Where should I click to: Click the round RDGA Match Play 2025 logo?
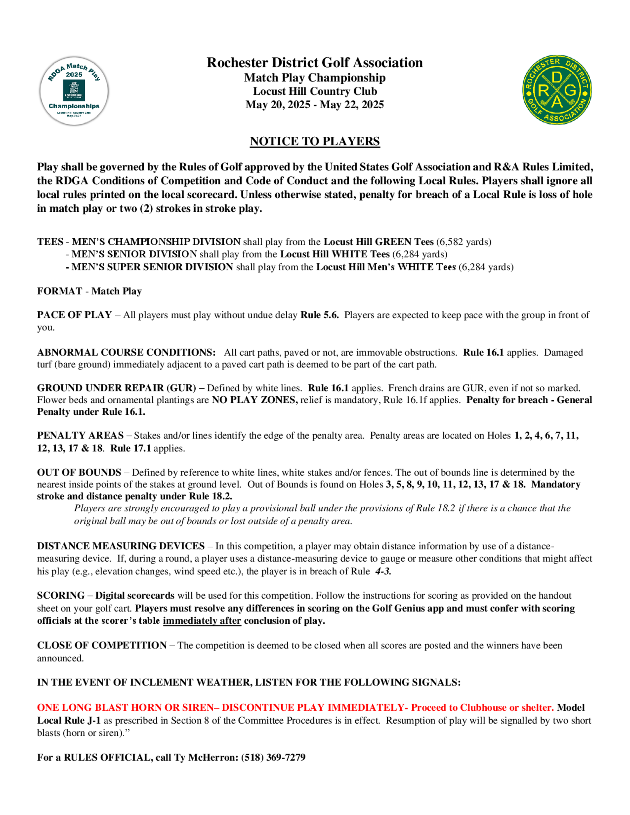click(74, 91)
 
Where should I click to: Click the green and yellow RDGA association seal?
click(557, 90)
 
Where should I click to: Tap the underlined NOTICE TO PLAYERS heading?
click(315, 141)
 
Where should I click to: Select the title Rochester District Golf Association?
click(315, 63)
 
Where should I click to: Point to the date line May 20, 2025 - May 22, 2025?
click(315, 105)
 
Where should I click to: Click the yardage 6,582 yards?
click(464, 242)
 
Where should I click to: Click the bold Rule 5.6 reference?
click(319, 315)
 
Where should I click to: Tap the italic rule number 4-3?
click(383, 571)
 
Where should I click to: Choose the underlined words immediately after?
click(202, 621)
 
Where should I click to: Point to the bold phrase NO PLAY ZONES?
click(255, 400)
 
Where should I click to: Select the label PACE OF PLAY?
click(74, 315)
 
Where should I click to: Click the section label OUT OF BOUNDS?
click(79, 472)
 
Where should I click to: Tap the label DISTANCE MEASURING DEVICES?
click(121, 546)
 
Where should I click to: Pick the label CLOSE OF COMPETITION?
click(102, 645)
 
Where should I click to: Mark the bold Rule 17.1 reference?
click(130, 448)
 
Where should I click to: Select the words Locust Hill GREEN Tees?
click(378, 242)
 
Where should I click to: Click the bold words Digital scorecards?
click(135, 596)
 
